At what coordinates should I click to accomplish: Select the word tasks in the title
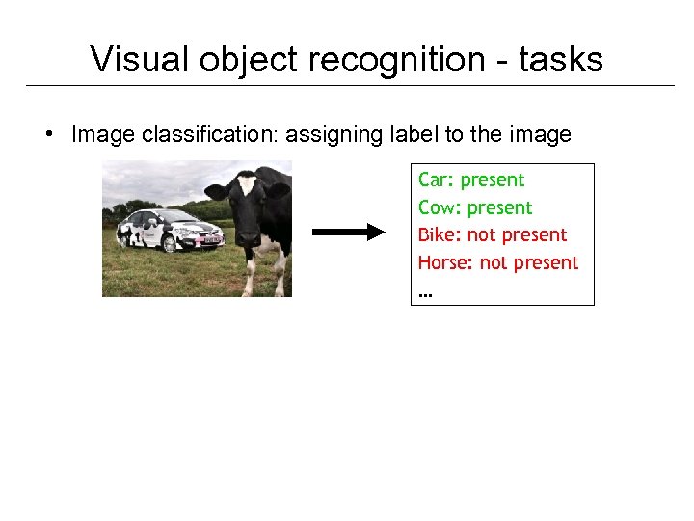pos(561,60)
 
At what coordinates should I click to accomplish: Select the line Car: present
pos(471,179)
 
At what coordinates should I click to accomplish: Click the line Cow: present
pos(475,207)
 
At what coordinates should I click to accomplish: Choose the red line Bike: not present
pos(493,234)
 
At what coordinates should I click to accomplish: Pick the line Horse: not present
pos(498,262)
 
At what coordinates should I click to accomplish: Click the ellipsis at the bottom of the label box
pos(425,290)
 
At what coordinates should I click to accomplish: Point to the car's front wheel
pos(170,244)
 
